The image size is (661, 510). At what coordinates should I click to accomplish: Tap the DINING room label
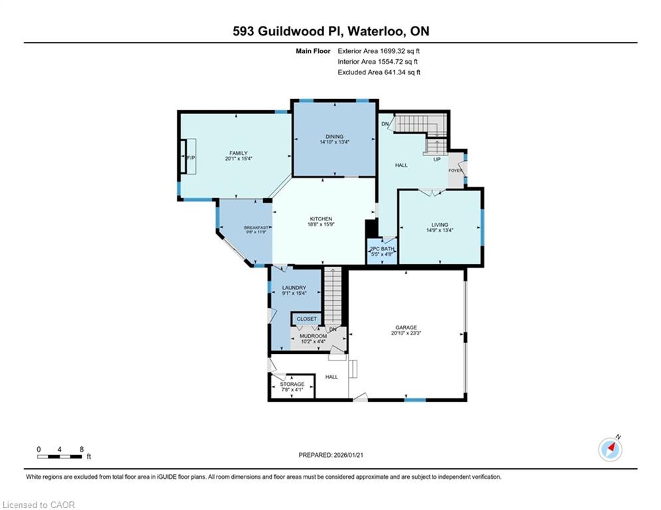coord(334,137)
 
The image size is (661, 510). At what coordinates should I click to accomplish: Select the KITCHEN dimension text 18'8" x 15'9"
coord(321,224)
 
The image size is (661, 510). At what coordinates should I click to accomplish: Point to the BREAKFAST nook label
coord(256,228)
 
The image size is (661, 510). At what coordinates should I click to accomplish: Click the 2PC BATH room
coord(382,252)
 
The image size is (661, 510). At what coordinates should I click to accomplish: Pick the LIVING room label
coord(439,224)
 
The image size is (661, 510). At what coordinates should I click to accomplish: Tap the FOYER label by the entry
coord(455,171)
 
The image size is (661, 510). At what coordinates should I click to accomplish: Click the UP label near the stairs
coord(436,160)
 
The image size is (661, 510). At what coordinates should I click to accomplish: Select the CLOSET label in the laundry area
coord(306,319)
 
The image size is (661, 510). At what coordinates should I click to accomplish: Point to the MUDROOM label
coord(313,336)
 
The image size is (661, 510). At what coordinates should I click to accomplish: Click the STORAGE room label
coord(292,384)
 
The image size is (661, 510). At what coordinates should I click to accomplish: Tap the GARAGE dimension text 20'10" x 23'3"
coord(407,333)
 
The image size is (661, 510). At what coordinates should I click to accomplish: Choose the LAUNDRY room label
coord(294,288)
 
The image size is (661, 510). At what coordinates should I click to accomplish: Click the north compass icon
coord(610,450)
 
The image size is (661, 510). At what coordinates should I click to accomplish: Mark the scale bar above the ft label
coord(60,457)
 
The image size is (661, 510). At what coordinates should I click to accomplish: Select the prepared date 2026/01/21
coord(349,455)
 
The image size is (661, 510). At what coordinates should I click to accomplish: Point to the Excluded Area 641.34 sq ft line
coord(379,72)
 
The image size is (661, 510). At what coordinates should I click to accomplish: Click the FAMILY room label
coord(238,153)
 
